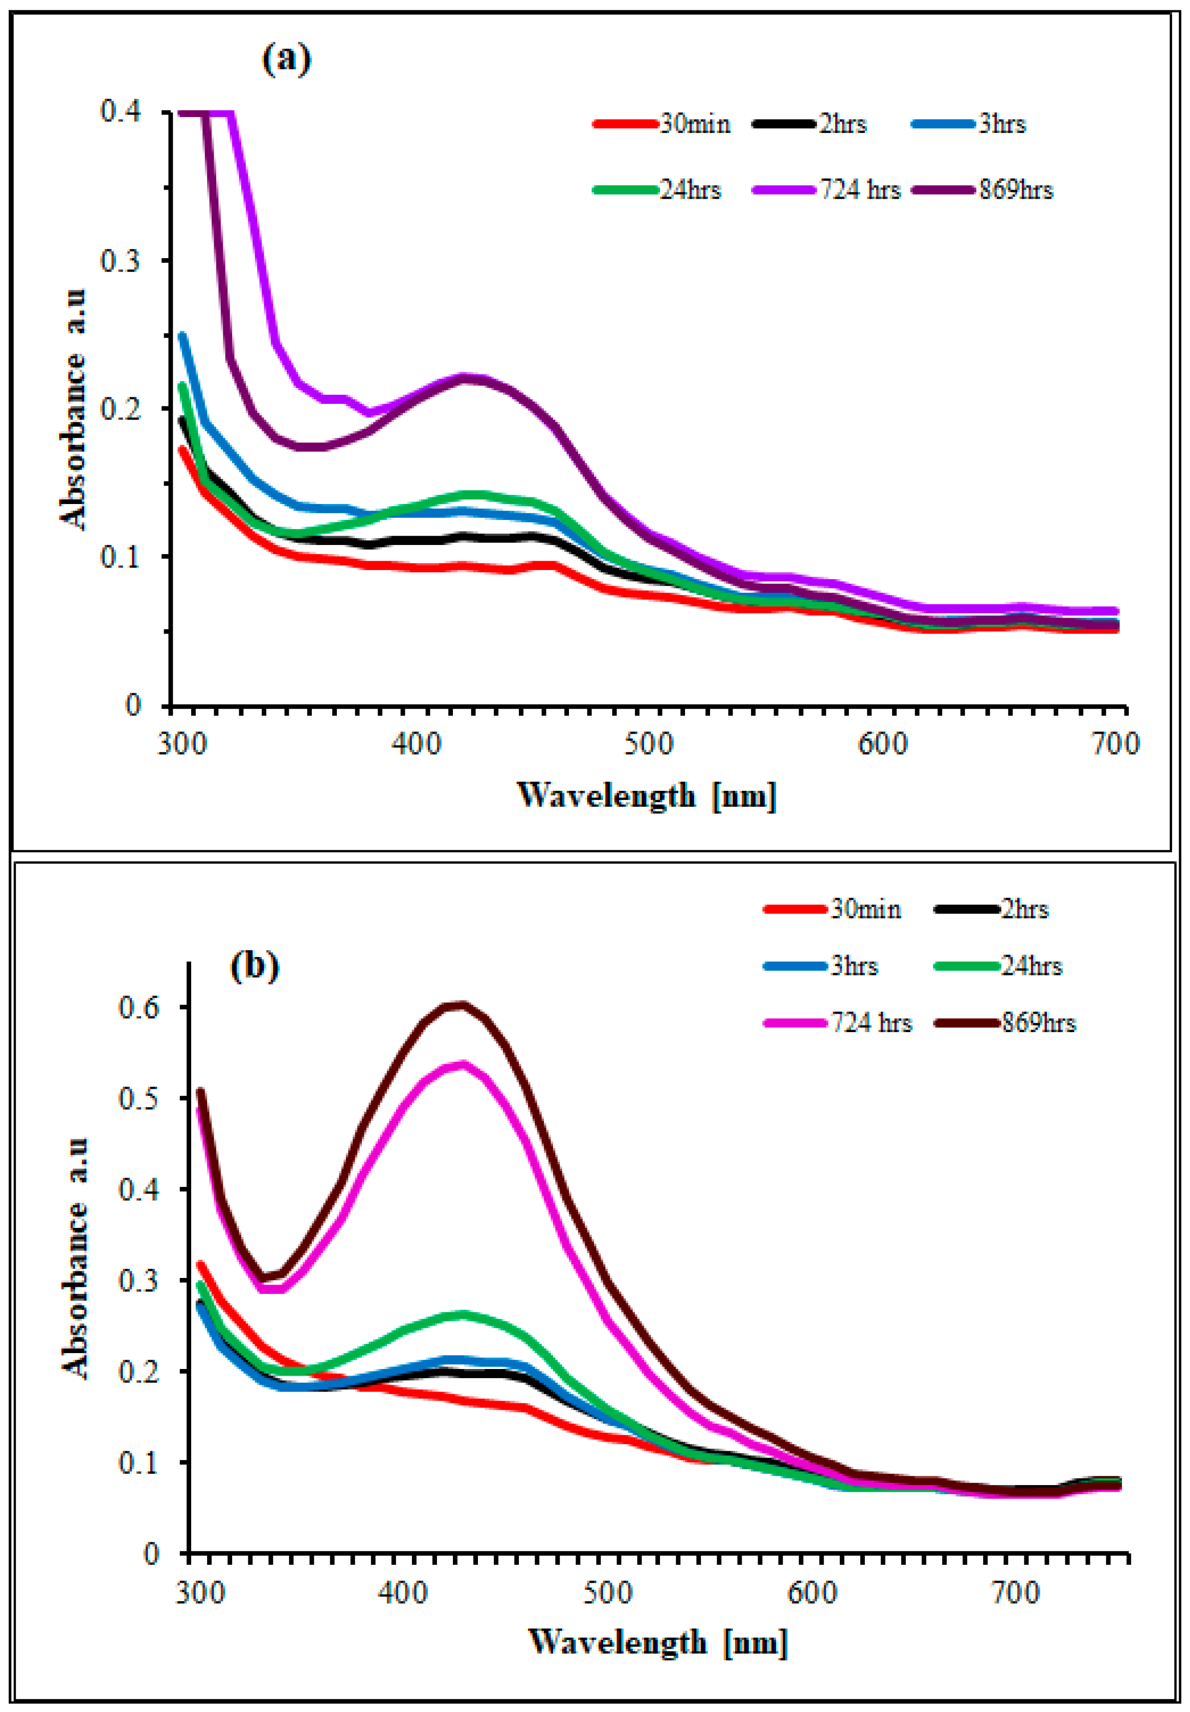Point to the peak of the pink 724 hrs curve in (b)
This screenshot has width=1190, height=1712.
click(462, 1064)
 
